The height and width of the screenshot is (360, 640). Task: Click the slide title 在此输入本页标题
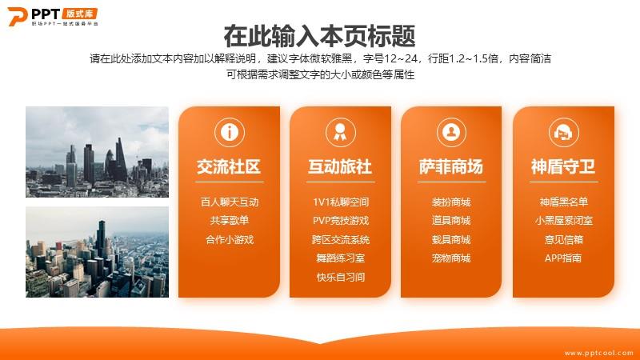[x=319, y=35]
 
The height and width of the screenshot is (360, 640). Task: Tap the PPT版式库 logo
[x=53, y=16]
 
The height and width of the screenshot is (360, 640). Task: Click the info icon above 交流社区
[x=230, y=132]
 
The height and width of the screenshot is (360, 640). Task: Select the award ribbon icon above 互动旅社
[x=341, y=132]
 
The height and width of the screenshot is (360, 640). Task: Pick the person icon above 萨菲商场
[x=451, y=132]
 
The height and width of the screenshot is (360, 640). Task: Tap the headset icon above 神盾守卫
[x=563, y=132]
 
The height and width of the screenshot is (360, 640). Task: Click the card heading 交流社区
[x=229, y=166]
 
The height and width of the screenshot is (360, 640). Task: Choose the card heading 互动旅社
[x=340, y=166]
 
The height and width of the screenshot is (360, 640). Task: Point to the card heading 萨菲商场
[x=451, y=166]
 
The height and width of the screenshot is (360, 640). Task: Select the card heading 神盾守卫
[x=563, y=166]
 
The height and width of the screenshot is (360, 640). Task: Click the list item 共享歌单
[x=230, y=221]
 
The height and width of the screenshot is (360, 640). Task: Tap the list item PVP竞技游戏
[x=341, y=221]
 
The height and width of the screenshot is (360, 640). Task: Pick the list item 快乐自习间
[x=341, y=277]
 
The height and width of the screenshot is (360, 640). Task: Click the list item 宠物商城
[x=451, y=258]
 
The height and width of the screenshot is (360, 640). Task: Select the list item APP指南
[x=563, y=258]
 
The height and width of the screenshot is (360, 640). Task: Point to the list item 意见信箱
[x=564, y=239]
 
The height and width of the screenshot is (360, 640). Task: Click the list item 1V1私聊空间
[x=341, y=202]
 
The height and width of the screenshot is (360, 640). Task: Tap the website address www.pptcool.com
[x=598, y=353]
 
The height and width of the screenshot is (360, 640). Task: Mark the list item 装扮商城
[x=451, y=202]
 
